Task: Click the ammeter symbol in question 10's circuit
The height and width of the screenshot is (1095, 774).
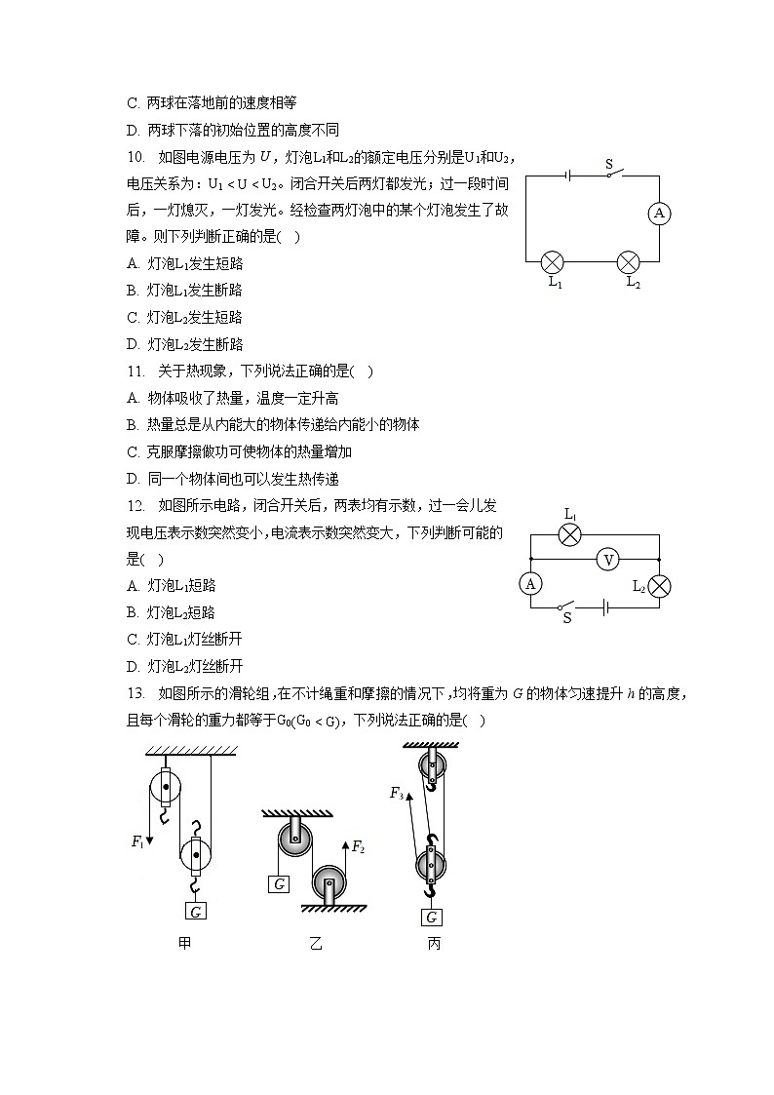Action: point(659,215)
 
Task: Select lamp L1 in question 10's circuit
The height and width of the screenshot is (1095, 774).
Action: point(553,261)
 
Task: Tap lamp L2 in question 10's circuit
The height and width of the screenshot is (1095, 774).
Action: point(630,261)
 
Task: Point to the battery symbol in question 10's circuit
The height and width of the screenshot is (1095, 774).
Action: point(567,176)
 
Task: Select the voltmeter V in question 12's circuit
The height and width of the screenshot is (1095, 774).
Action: point(609,560)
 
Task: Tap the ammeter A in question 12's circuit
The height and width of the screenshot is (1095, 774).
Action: point(531,583)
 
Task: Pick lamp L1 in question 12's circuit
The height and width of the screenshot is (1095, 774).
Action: point(571,534)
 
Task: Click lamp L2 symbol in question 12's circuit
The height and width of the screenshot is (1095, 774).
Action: point(659,585)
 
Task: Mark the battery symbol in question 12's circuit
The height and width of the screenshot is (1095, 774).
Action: point(605,606)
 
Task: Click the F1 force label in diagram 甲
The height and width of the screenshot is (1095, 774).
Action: point(137,842)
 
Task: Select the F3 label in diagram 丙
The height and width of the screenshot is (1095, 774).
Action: point(397,794)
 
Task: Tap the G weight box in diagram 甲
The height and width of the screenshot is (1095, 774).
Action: point(196,912)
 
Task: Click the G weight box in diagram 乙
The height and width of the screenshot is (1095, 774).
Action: point(280,884)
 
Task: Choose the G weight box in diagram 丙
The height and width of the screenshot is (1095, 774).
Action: point(431,917)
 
